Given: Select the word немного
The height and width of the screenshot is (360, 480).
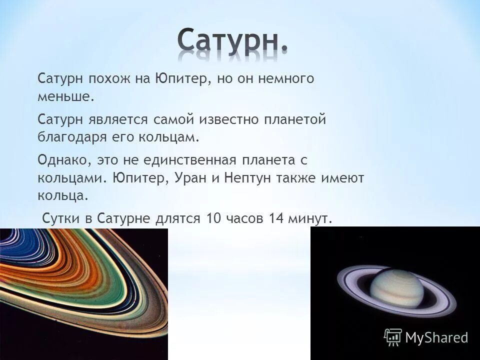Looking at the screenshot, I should tap(290, 79).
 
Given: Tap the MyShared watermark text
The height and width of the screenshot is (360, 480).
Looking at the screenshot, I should tap(436, 337).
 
